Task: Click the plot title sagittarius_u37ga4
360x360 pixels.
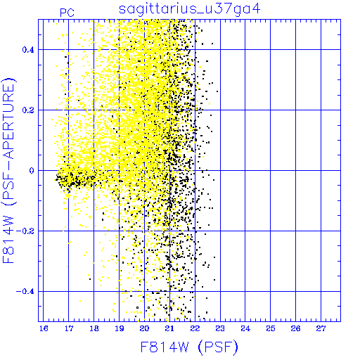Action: tap(190, 9)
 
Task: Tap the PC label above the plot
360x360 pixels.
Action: tap(67, 13)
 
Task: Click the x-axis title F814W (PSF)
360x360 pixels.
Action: tap(189, 347)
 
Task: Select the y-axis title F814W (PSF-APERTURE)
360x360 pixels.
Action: tap(9, 170)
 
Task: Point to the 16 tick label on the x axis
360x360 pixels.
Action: tap(44, 328)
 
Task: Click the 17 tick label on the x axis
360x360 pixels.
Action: tap(69, 328)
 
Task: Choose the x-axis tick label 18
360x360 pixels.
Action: tap(94, 328)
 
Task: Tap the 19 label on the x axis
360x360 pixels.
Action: tap(120, 328)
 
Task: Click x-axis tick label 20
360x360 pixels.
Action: tap(144, 328)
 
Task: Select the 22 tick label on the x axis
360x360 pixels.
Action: tap(195, 328)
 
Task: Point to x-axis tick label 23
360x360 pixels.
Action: tap(220, 328)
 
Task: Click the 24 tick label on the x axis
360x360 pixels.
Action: tap(245, 328)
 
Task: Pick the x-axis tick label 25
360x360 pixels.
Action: tap(271, 328)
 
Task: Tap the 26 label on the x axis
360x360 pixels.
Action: tap(295, 328)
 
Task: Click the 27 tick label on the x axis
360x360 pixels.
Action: tap(321, 328)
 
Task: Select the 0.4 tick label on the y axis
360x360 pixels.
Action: tap(28, 50)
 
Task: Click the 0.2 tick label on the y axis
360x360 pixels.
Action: tap(28, 110)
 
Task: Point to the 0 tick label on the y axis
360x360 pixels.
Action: tap(32, 171)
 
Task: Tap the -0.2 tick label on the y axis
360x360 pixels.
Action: tap(25, 231)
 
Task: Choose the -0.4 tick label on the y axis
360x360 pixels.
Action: tap(25, 292)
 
